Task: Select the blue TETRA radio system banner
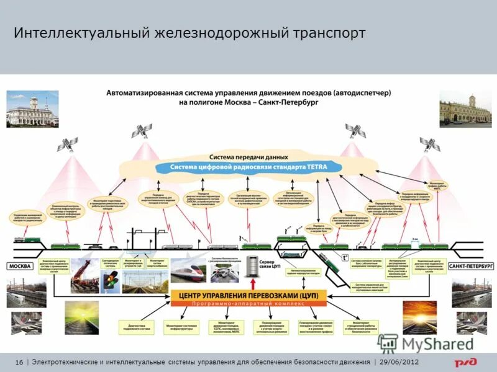pyautogui.click(x=248, y=167)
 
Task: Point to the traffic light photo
pyautogui.click(x=111, y=280)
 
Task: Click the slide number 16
pyautogui.click(x=19, y=362)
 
